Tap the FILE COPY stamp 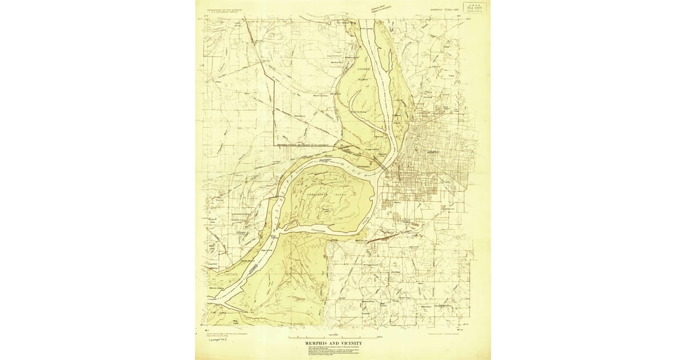click(474, 9)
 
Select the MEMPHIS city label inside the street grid click(433, 154)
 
